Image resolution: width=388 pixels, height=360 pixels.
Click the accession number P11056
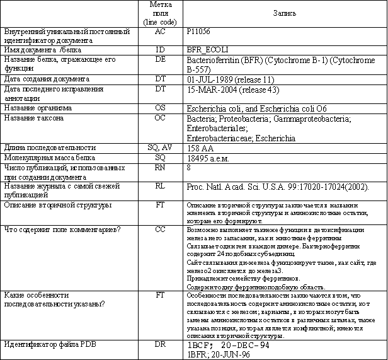coord(199,30)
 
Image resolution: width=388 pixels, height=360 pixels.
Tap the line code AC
coord(160,30)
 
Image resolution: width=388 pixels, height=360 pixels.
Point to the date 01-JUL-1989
coord(212,79)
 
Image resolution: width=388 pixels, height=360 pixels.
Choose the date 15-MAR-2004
coord(214,89)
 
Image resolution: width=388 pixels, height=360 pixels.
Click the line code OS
coord(160,108)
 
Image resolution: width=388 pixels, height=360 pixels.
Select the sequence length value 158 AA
coord(200,148)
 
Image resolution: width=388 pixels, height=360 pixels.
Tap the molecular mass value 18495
coord(200,157)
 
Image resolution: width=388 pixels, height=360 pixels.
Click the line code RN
coord(160,168)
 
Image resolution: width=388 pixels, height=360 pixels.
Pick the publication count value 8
coord(189,168)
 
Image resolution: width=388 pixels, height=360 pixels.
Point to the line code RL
coord(160,187)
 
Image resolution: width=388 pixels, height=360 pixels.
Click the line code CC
coord(160,229)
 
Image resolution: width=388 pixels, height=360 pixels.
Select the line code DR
coord(160,344)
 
